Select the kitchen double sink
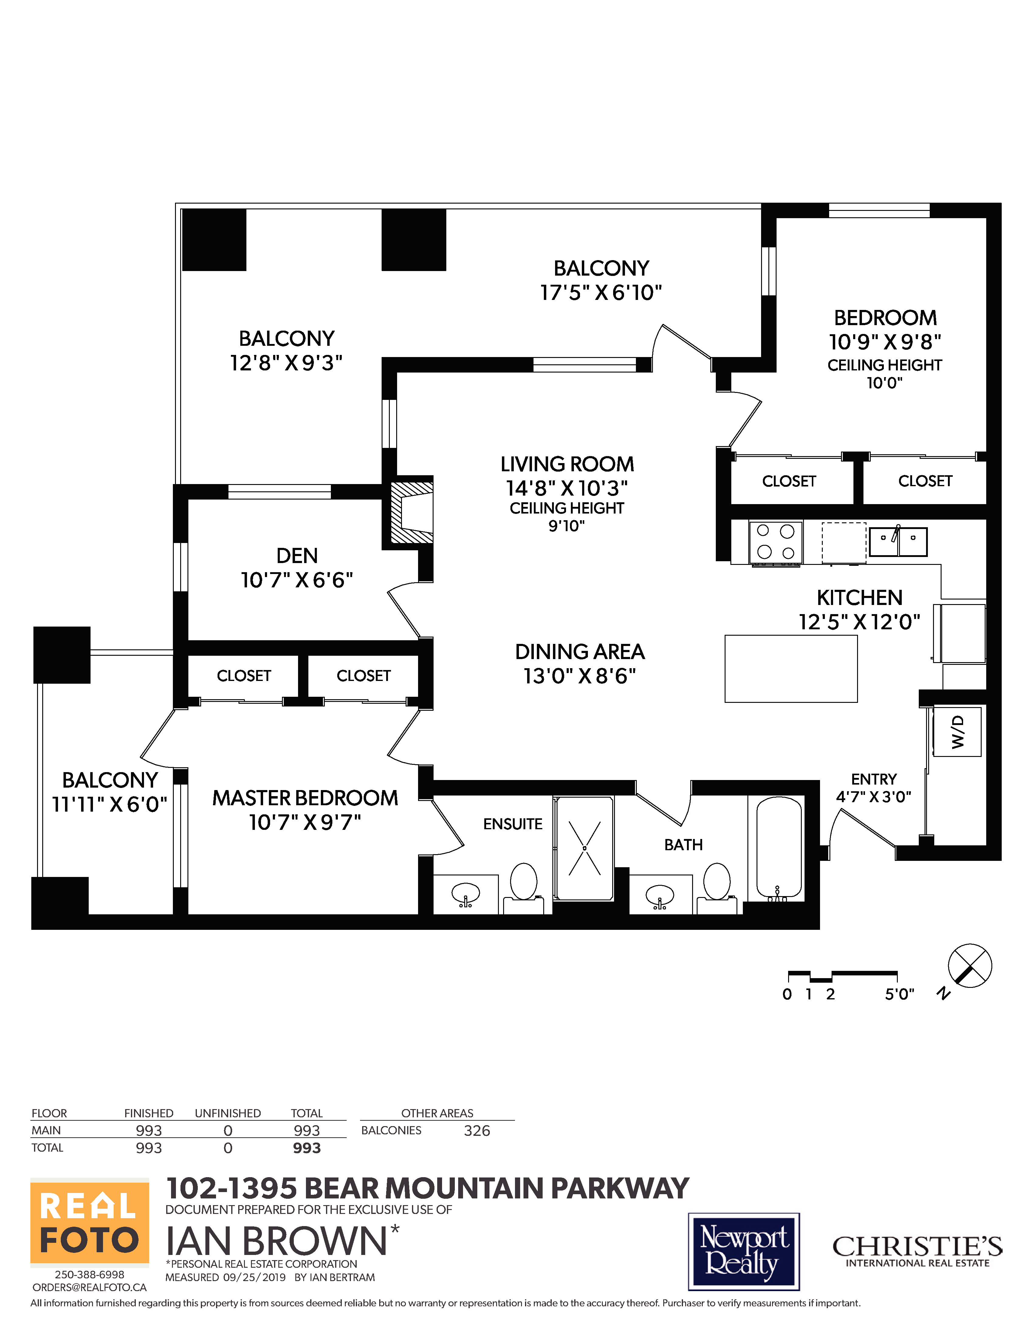click(x=898, y=542)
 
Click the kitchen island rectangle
click(x=791, y=669)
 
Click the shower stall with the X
click(x=585, y=848)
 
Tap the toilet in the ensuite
click(x=523, y=885)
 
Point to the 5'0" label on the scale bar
click(x=899, y=994)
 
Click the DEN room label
click(x=297, y=556)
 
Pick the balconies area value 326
click(x=477, y=1131)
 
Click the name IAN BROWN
click(x=276, y=1242)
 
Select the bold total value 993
click(x=307, y=1148)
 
